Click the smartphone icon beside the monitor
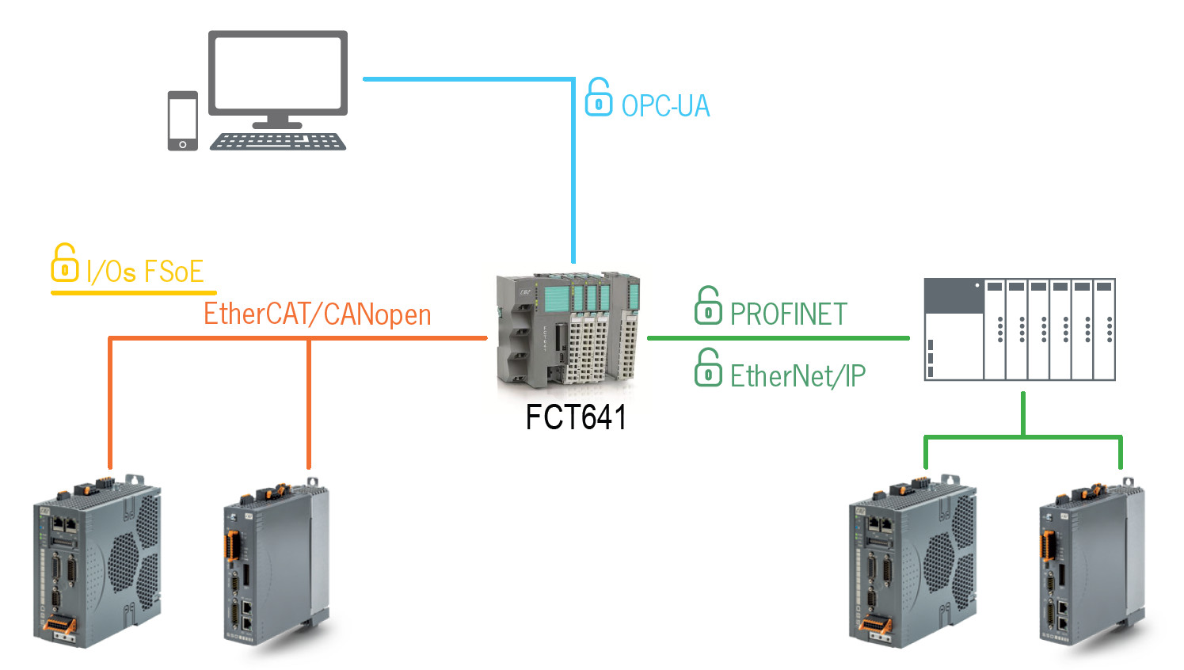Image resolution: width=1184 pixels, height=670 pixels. click(182, 120)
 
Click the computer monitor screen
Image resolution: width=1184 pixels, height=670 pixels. click(277, 73)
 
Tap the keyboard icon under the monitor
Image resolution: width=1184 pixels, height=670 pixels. click(277, 141)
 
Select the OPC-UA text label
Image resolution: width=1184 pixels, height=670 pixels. click(665, 106)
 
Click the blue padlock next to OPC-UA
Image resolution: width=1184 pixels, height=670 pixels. click(598, 98)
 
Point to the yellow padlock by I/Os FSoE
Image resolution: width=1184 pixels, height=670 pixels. click(64, 263)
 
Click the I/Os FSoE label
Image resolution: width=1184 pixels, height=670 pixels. click(145, 272)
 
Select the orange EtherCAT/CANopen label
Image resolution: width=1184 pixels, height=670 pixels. click(317, 314)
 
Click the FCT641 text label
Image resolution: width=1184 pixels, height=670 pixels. click(576, 417)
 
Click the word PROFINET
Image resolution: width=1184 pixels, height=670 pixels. click(788, 314)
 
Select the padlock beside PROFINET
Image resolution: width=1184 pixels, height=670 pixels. click(708, 306)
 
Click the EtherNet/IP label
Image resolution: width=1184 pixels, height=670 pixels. click(798, 376)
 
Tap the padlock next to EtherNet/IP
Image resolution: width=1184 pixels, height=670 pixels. click(708, 368)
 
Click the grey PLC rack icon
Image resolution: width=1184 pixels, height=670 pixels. click(1019, 329)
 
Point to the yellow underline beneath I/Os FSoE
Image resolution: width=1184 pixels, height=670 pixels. click(133, 293)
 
